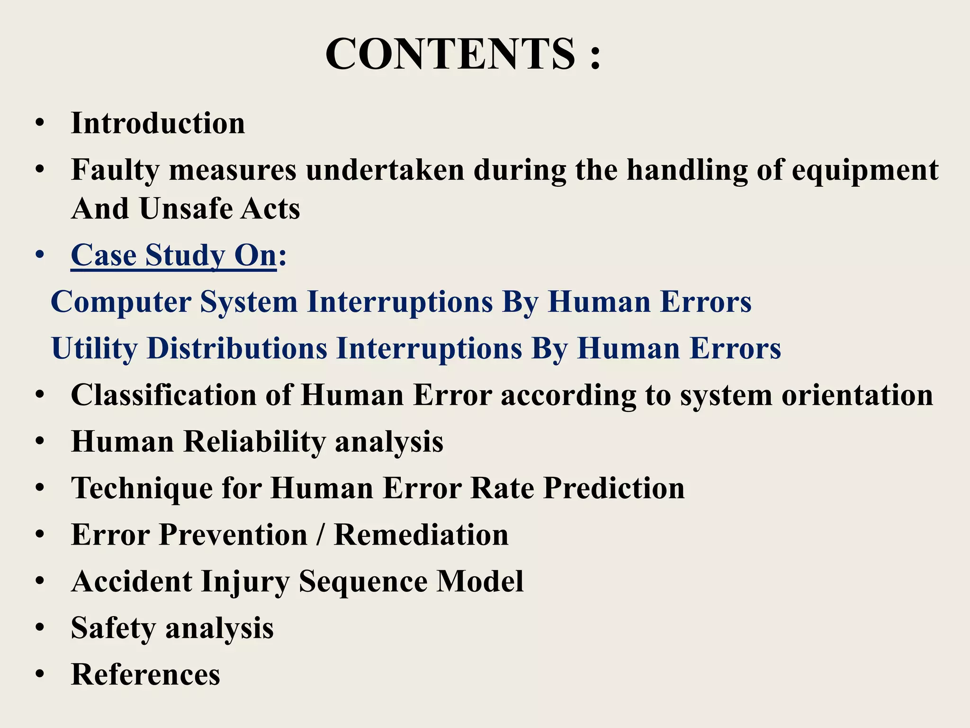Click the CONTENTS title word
click(x=450, y=54)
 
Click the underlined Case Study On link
click(x=173, y=255)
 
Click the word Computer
click(x=121, y=301)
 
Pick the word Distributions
click(x=237, y=348)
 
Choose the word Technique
click(x=142, y=488)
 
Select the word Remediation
click(x=421, y=535)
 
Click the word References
click(x=145, y=674)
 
